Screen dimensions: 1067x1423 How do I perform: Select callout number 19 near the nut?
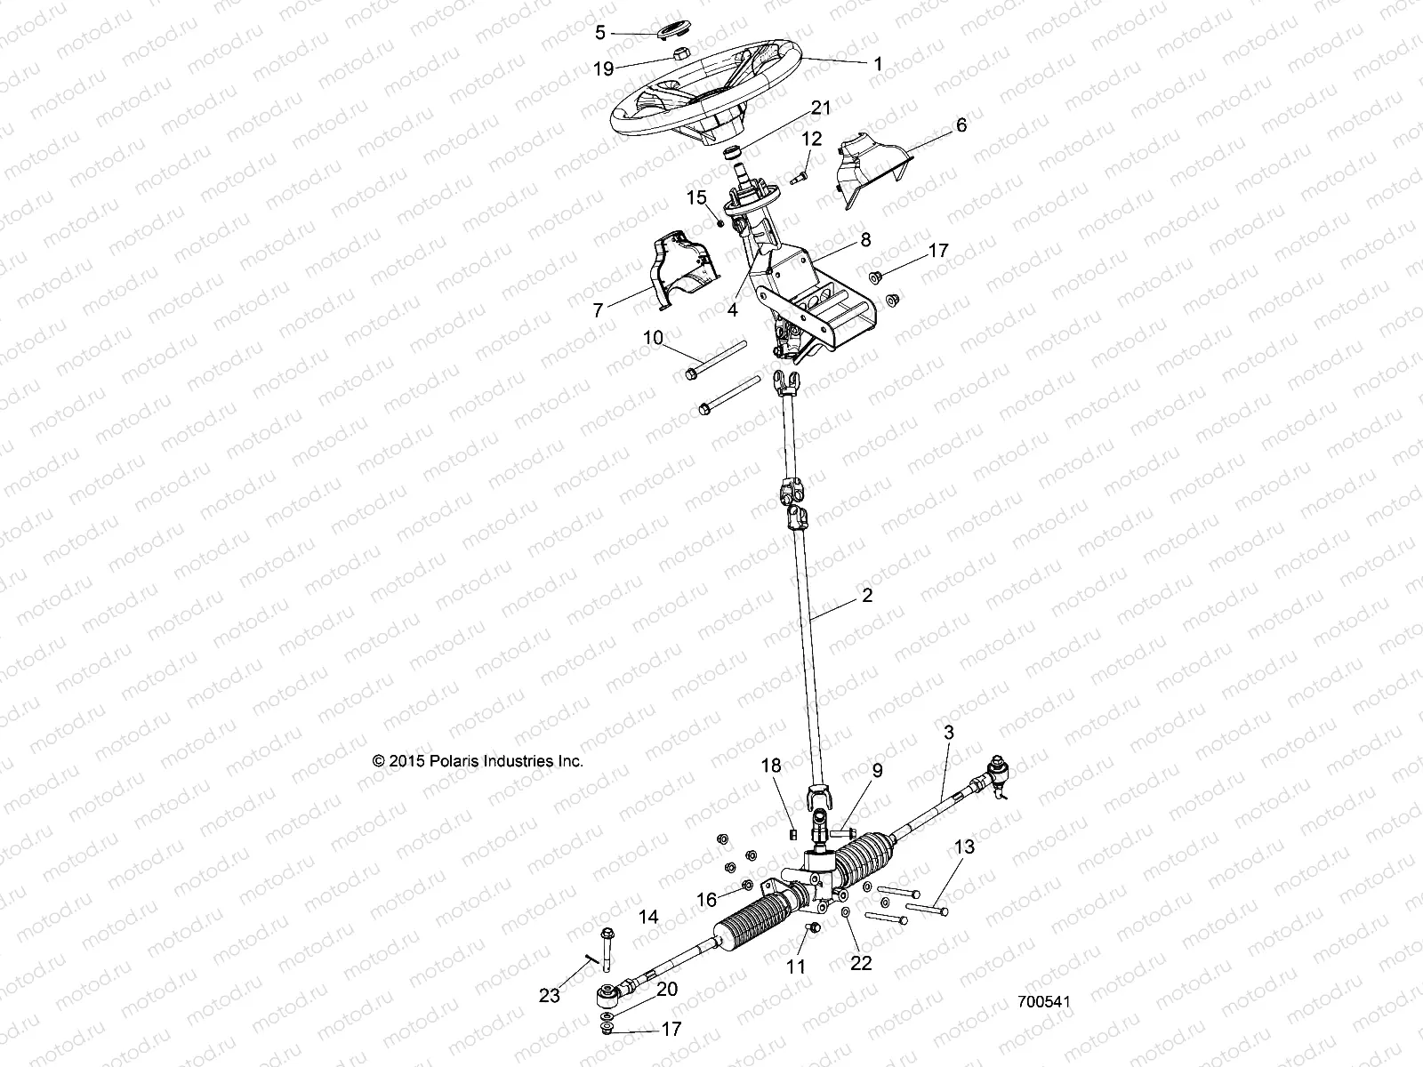[x=603, y=68]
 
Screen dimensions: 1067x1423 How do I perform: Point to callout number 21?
[x=819, y=108]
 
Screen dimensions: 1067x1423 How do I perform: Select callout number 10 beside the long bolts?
[x=653, y=338]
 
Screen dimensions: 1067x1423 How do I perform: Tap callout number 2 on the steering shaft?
[x=866, y=596]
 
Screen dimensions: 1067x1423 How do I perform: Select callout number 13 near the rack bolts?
[x=964, y=846]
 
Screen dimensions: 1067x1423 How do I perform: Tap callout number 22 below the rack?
[x=861, y=962]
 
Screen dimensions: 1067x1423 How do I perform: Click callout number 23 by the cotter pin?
[x=549, y=996]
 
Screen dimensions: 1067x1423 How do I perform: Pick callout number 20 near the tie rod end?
[x=666, y=990]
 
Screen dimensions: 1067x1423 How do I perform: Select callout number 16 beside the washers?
[x=706, y=900]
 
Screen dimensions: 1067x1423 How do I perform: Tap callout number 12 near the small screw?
[x=812, y=139]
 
